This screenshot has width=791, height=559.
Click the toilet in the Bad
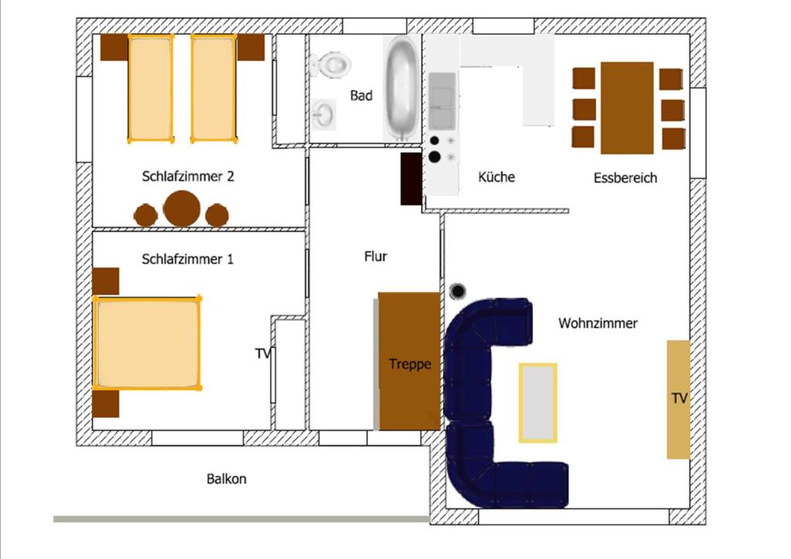tap(331, 65)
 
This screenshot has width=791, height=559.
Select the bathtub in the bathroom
tap(401, 88)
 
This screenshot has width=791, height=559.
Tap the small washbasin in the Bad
tap(324, 114)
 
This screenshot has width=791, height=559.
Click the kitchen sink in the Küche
tap(443, 100)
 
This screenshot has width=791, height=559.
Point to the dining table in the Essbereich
tap(627, 108)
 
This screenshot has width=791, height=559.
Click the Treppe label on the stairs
tap(409, 364)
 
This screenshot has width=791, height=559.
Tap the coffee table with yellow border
tap(538, 403)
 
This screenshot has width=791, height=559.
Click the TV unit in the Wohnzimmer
tap(678, 399)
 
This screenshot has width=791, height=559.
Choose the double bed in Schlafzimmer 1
tap(147, 344)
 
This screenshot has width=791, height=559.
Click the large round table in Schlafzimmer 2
tap(182, 208)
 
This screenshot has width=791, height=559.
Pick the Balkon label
tap(226, 479)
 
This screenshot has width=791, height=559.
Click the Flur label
tap(376, 256)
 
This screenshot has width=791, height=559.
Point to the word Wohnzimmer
tap(598, 323)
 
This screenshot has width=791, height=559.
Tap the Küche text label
tap(497, 177)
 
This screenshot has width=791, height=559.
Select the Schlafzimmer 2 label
tap(188, 176)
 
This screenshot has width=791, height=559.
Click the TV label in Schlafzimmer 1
tap(263, 354)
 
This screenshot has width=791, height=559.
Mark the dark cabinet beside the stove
tap(411, 179)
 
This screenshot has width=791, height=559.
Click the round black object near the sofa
tap(457, 291)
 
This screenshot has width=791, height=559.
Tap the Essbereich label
tap(626, 178)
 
